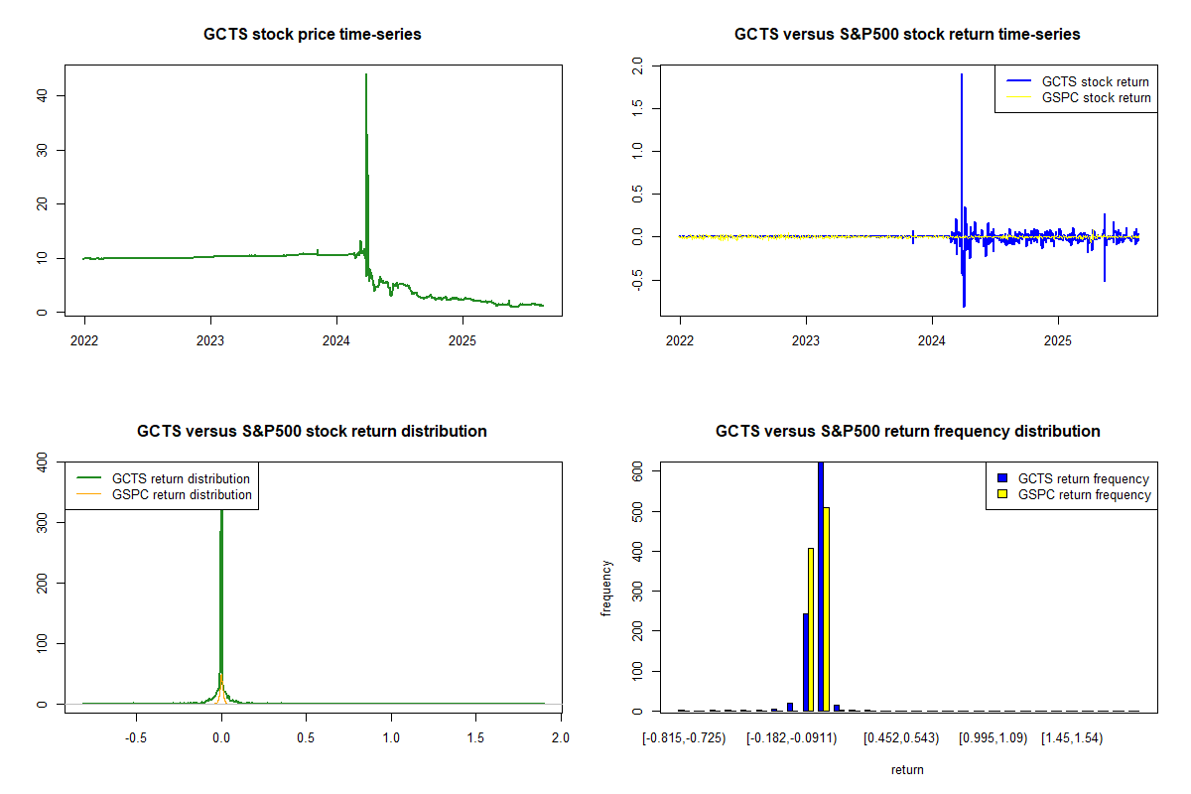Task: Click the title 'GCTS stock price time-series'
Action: point(312,35)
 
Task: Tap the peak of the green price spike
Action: point(366,75)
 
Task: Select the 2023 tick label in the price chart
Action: point(210,337)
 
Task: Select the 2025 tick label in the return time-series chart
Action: point(1058,337)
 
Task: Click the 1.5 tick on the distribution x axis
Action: point(475,737)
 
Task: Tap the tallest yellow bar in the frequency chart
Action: point(827,608)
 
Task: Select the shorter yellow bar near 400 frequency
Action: point(811,629)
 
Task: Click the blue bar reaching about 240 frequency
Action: point(805,662)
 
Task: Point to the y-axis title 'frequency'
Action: point(607,589)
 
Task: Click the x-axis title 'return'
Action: point(907,769)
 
